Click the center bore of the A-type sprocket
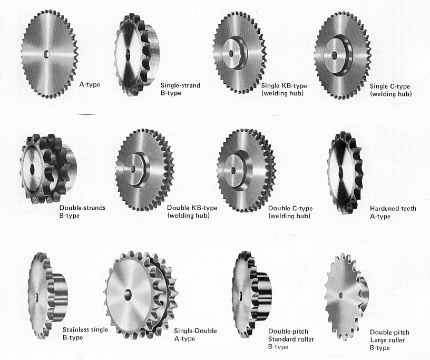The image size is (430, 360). pyautogui.click(x=46, y=54)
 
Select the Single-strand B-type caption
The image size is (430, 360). pyautogui.click(x=180, y=89)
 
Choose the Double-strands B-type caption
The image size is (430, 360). pyautogui.click(x=82, y=211)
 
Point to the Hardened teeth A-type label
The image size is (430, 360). pyautogui.click(x=393, y=212)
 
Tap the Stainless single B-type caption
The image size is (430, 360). pyautogui.click(x=85, y=333)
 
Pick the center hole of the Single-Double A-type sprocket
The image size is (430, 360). pyautogui.click(x=129, y=294)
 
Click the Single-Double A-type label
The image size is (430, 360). pyautogui.click(x=196, y=335)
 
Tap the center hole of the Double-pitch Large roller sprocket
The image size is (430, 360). pyautogui.click(x=341, y=295)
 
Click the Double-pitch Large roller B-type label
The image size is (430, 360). pyautogui.click(x=389, y=340)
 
